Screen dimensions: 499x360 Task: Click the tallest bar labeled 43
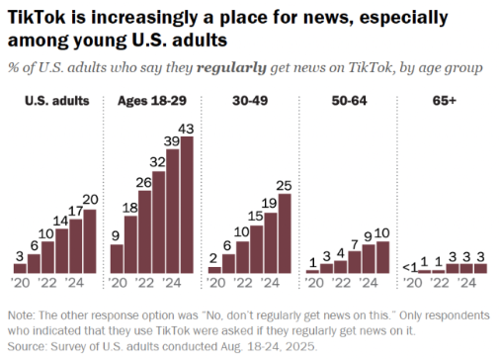pyautogui.click(x=187, y=205)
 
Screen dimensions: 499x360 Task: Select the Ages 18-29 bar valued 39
pyautogui.click(x=173, y=211)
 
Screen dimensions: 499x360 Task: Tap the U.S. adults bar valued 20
pyautogui.click(x=90, y=241)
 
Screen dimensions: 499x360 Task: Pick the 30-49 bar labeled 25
pyautogui.click(x=285, y=233)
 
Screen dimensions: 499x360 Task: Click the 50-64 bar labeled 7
pyautogui.click(x=355, y=262)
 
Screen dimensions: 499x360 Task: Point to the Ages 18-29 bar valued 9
pyautogui.click(x=117, y=259)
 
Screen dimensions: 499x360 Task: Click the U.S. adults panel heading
pyautogui.click(x=57, y=101)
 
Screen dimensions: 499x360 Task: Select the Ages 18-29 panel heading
pyautogui.click(x=152, y=101)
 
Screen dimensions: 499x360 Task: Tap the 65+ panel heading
pyautogui.click(x=445, y=101)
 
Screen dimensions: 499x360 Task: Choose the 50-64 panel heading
pyautogui.click(x=349, y=101)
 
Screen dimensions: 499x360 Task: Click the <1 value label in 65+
pyautogui.click(x=410, y=268)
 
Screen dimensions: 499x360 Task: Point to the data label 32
pyautogui.click(x=157, y=162)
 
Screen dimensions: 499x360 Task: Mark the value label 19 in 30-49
pyautogui.click(x=269, y=204)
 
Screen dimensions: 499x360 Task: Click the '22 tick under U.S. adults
pyautogui.click(x=47, y=283)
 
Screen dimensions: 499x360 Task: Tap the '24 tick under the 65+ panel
pyautogui.click(x=466, y=283)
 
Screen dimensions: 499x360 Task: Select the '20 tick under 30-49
pyautogui.click(x=216, y=283)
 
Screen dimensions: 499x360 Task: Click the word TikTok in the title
pyautogui.click(x=37, y=17)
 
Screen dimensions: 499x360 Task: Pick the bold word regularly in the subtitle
pyautogui.click(x=231, y=68)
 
